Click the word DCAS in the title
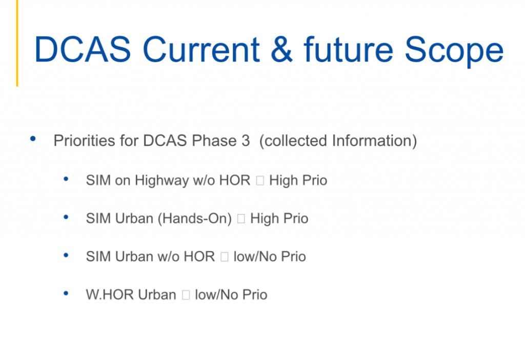point(83,50)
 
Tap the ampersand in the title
point(281,50)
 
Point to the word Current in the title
point(201,50)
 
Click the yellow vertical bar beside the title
point(17,43)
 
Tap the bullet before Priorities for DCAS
point(33,138)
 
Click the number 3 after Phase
point(246,141)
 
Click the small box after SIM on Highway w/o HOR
point(260,181)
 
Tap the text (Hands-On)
point(194,218)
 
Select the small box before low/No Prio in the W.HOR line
point(186,295)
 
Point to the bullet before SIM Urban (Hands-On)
point(66,217)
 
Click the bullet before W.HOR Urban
point(66,294)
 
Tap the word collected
point(293,141)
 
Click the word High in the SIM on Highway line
point(283,181)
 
